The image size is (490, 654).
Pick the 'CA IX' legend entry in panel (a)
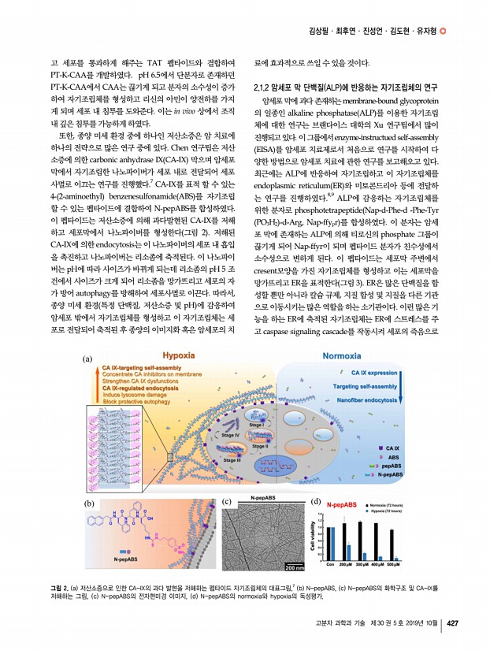pos(391,448)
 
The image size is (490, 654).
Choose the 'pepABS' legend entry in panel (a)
pos(392,466)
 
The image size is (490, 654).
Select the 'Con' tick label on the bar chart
pos(329,565)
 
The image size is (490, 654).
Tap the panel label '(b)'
pos(90,502)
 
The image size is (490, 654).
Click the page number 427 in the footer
pos(452,626)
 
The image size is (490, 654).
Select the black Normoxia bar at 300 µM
pos(360,540)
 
